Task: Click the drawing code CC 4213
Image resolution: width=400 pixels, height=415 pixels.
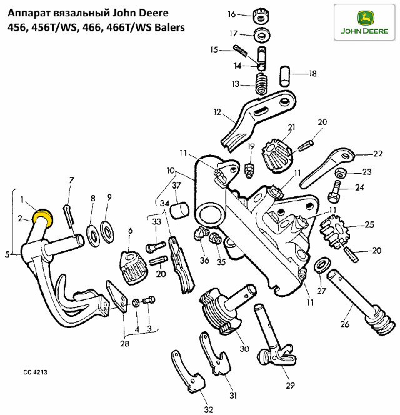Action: click(x=36, y=372)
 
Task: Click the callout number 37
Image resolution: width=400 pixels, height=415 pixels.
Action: click(x=176, y=185)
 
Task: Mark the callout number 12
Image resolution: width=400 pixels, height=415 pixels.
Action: click(x=217, y=112)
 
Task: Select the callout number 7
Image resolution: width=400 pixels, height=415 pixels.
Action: click(x=71, y=180)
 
